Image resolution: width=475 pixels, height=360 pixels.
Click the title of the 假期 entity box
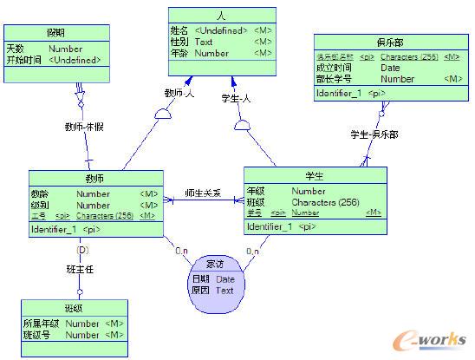coord(56,31)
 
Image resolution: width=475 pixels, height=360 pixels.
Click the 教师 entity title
coord(95,177)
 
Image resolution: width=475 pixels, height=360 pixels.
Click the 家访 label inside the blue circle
coord(215,264)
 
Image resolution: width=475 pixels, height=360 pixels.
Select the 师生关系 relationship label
coord(203,193)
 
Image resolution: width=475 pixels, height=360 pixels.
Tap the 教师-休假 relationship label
coord(85,127)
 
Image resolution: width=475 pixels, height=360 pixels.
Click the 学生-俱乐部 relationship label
coord(374,134)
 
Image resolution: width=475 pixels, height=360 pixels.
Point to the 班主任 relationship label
coord(80,270)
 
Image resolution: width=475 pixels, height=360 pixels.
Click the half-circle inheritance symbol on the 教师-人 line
coord(165,114)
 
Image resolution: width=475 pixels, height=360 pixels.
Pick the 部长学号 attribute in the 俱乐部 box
coord(335,79)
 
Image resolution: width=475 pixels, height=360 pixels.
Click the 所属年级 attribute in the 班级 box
coord(41,324)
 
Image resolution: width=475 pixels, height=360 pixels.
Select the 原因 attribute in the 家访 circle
coord(200,291)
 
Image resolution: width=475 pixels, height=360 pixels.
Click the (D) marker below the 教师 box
coord(83,250)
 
